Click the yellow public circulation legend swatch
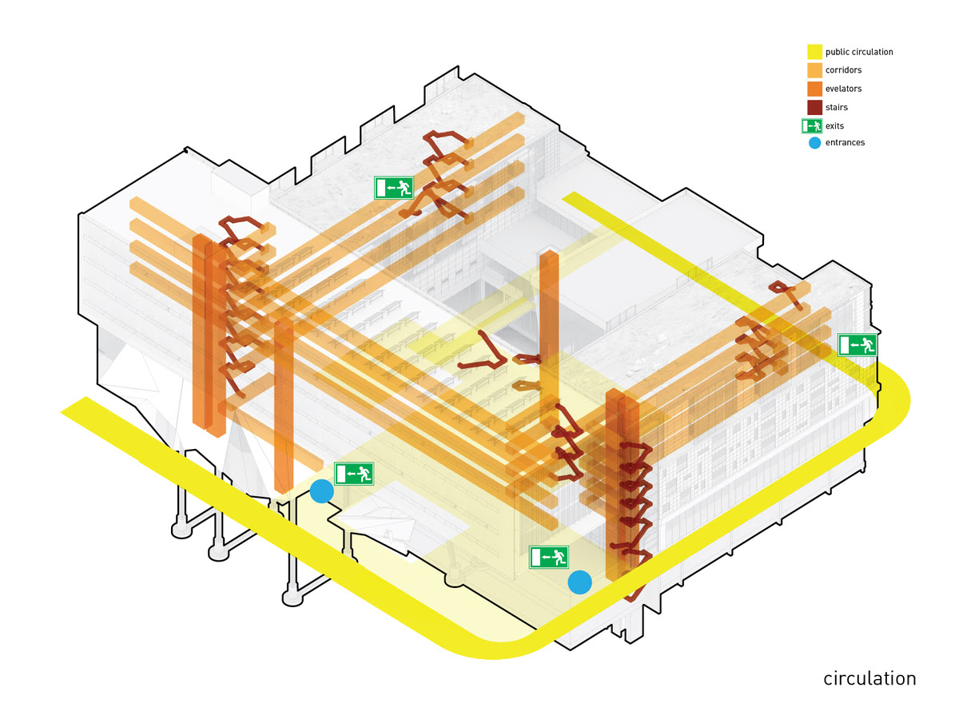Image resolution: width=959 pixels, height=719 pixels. click(x=814, y=51)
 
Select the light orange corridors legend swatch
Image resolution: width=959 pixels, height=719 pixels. click(x=814, y=70)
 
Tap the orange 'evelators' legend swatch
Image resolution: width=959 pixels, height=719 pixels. click(x=814, y=89)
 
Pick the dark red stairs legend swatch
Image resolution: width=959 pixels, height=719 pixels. click(x=814, y=107)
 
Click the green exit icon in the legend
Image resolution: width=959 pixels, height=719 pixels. click(x=812, y=126)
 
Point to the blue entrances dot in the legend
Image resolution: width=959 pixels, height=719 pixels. click(x=815, y=143)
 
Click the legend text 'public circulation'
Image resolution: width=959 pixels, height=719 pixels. click(x=859, y=52)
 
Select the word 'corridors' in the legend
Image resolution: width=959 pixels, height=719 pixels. click(x=843, y=70)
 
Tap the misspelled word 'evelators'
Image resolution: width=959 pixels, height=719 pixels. click(x=843, y=89)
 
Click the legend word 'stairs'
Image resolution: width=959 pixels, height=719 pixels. click(x=836, y=107)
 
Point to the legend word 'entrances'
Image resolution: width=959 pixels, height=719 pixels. click(x=845, y=143)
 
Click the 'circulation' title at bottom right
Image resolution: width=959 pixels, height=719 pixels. click(x=869, y=679)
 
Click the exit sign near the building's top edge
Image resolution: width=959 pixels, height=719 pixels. click(x=394, y=188)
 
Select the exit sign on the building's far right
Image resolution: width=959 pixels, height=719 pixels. click(x=858, y=345)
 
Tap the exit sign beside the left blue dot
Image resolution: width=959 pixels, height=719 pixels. click(x=354, y=474)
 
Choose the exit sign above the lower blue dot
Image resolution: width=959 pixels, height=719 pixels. click(x=549, y=557)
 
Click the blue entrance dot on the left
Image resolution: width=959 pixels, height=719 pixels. click(x=321, y=491)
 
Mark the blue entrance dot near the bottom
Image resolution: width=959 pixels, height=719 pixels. click(x=579, y=582)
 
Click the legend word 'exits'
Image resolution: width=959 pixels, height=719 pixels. click(x=834, y=126)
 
